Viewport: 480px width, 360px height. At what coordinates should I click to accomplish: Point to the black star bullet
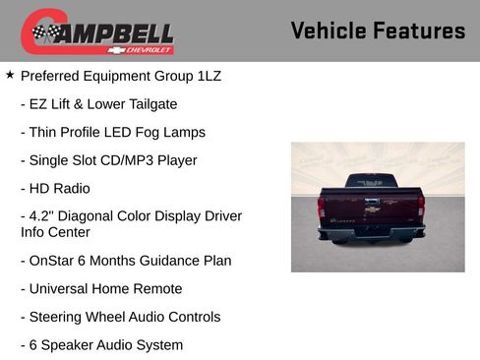tap(10, 75)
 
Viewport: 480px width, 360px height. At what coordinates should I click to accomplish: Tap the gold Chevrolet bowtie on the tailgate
tap(372, 207)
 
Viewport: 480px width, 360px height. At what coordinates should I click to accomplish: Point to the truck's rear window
tap(371, 182)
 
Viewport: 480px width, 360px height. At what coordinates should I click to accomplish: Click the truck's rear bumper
tap(372, 233)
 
